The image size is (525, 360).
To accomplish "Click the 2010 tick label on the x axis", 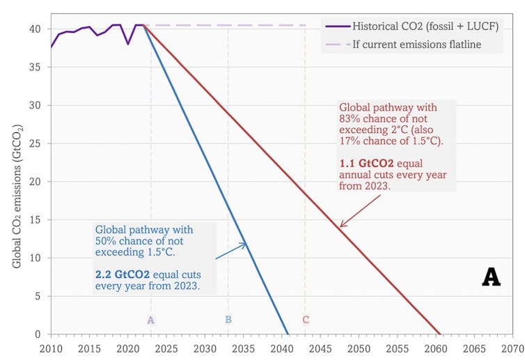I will click(x=50, y=347).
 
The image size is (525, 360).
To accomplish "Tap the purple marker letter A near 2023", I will click(x=150, y=320).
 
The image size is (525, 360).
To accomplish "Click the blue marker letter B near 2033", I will click(x=228, y=320).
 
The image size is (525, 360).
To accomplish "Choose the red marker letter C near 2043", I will click(x=305, y=320).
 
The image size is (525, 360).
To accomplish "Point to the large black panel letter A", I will click(x=491, y=277).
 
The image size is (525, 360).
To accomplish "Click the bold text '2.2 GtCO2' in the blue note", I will click(x=119, y=274).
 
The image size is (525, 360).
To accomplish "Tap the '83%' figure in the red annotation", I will click(x=351, y=120).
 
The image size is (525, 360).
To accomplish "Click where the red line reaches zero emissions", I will click(x=440, y=334).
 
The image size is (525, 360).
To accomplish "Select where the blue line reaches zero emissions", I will click(x=288, y=334).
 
